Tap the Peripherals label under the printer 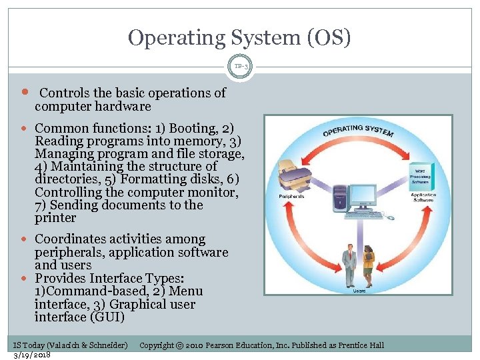[x=291, y=197]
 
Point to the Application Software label [x=423, y=197]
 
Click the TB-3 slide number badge [x=240, y=67]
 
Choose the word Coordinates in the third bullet [x=73, y=239]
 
